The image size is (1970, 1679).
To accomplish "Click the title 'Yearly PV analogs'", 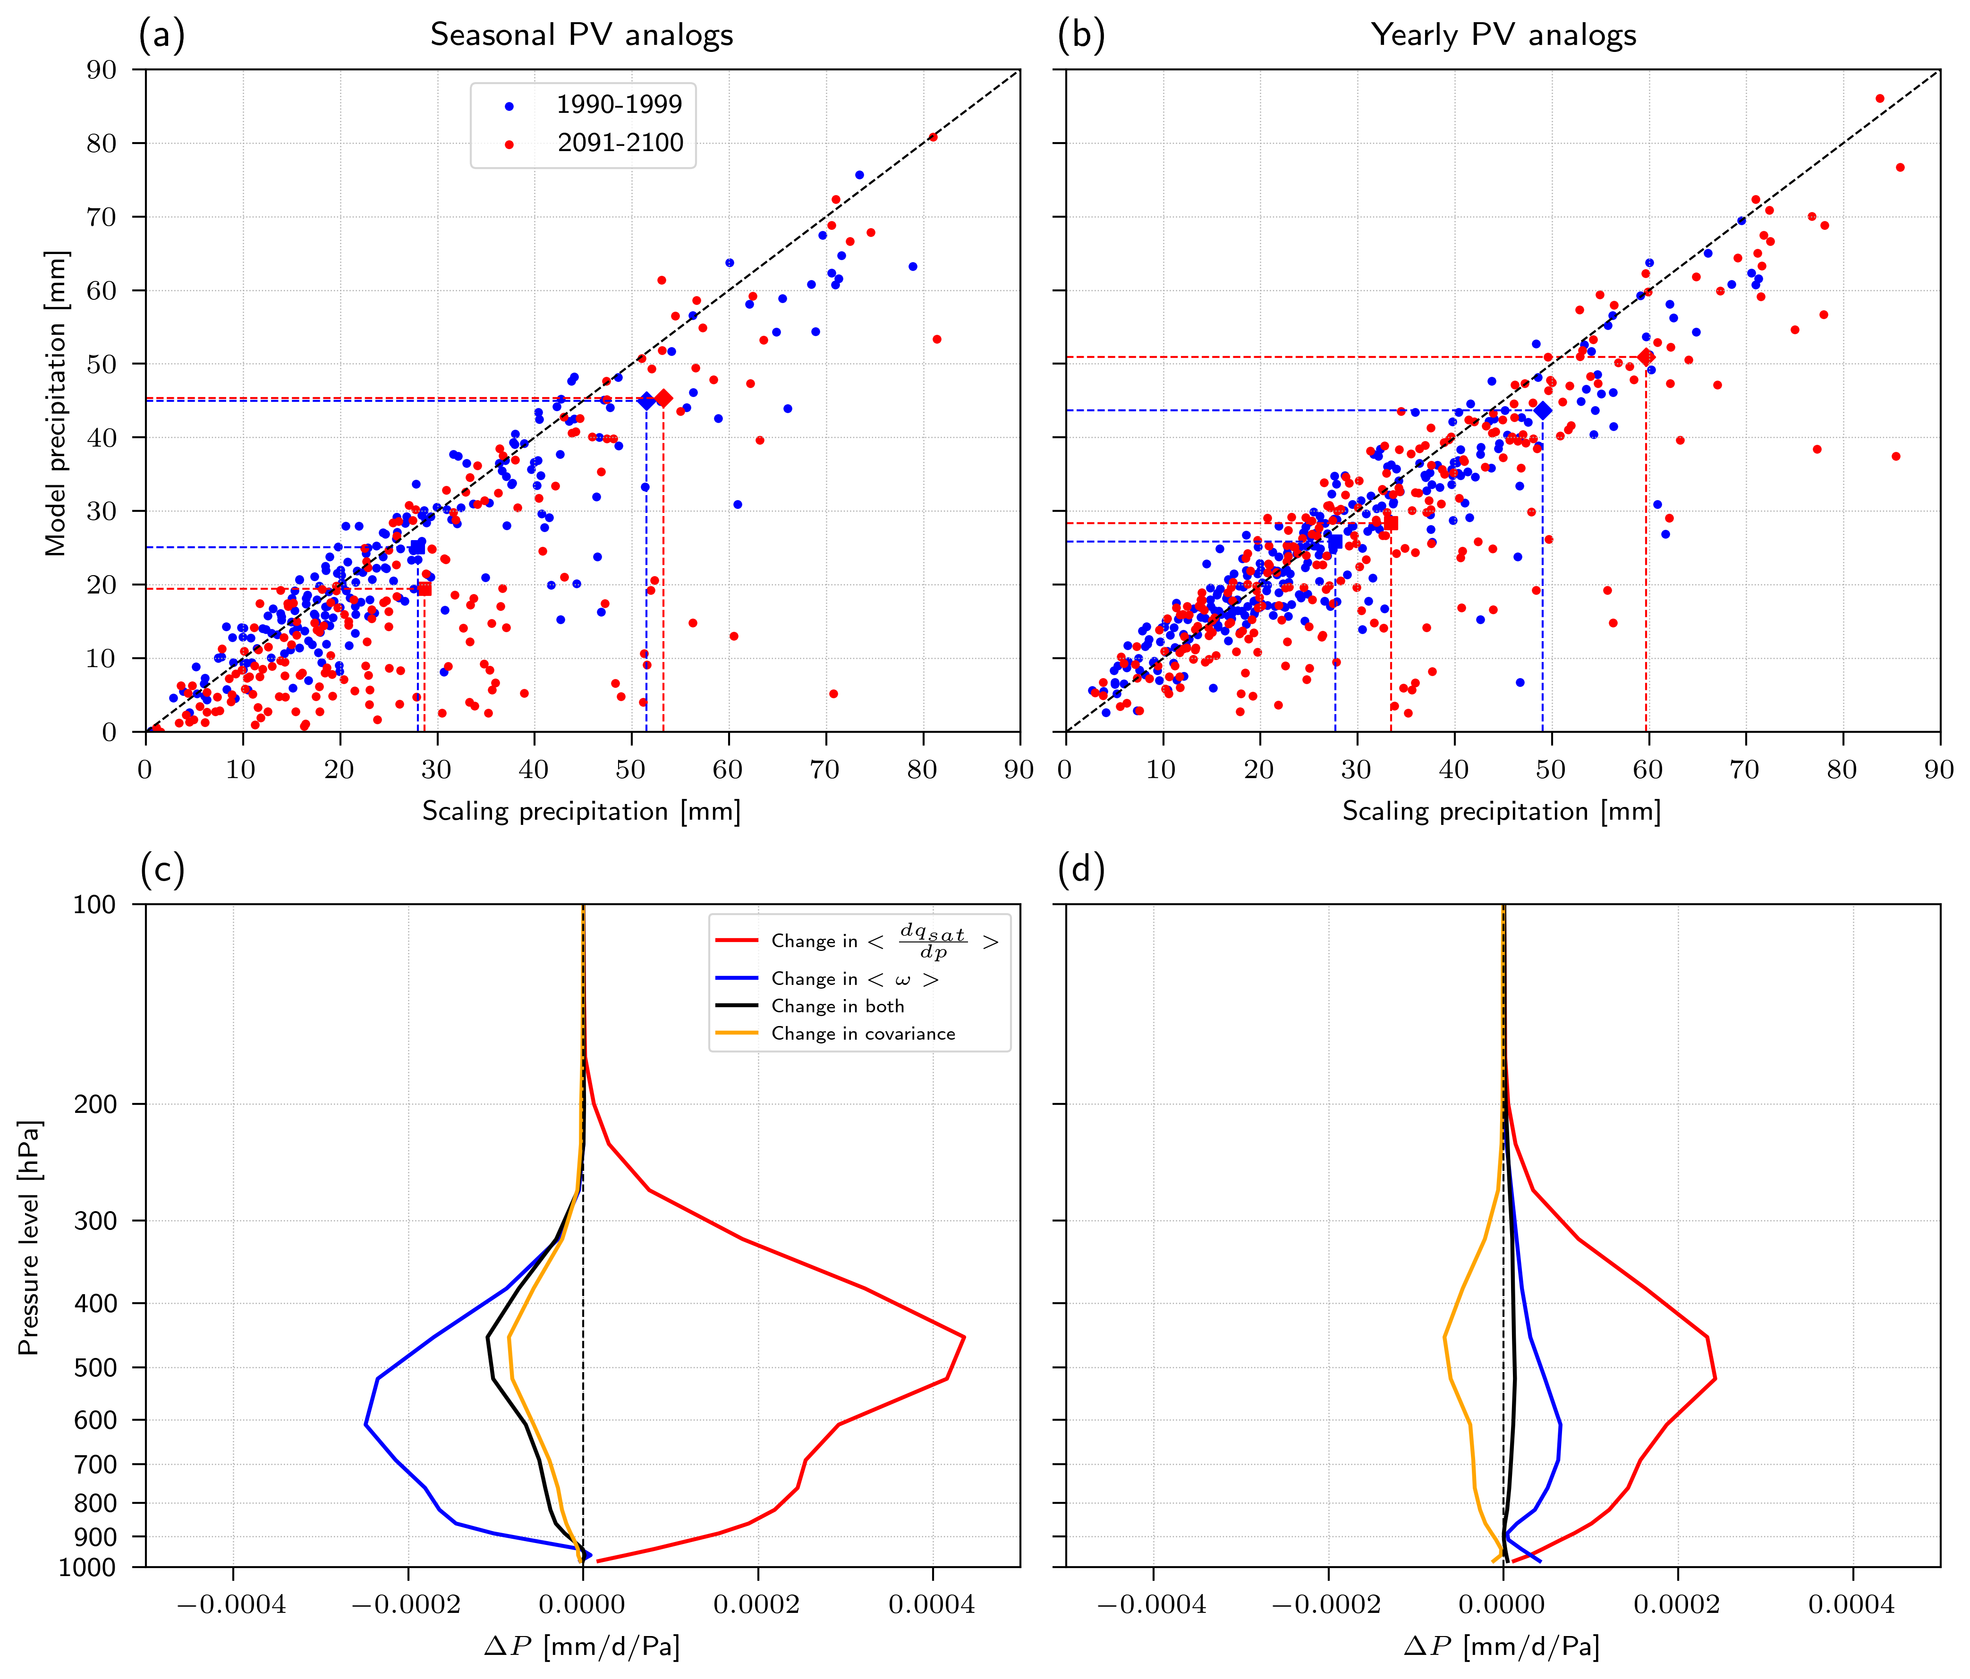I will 1503,35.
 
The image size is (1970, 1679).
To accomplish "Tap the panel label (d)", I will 1081,870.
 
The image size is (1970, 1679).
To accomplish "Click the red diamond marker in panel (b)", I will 1646,357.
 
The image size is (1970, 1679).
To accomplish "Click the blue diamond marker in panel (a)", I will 646,401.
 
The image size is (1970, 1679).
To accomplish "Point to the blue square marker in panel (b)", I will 1335,542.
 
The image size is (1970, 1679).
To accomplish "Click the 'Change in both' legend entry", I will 837,1006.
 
